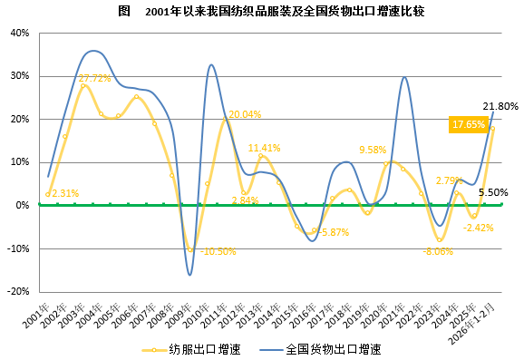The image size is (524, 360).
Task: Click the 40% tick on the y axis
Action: coord(19,33)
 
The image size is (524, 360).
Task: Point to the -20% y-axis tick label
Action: coord(17,292)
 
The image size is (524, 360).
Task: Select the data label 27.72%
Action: coord(96,78)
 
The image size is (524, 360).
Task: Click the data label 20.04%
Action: coord(245,114)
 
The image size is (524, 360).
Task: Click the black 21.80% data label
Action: coord(500,106)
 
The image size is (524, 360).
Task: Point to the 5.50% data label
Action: coord(492,192)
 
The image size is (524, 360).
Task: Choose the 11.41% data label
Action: coord(265,148)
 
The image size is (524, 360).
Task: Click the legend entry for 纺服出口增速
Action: coord(197,348)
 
